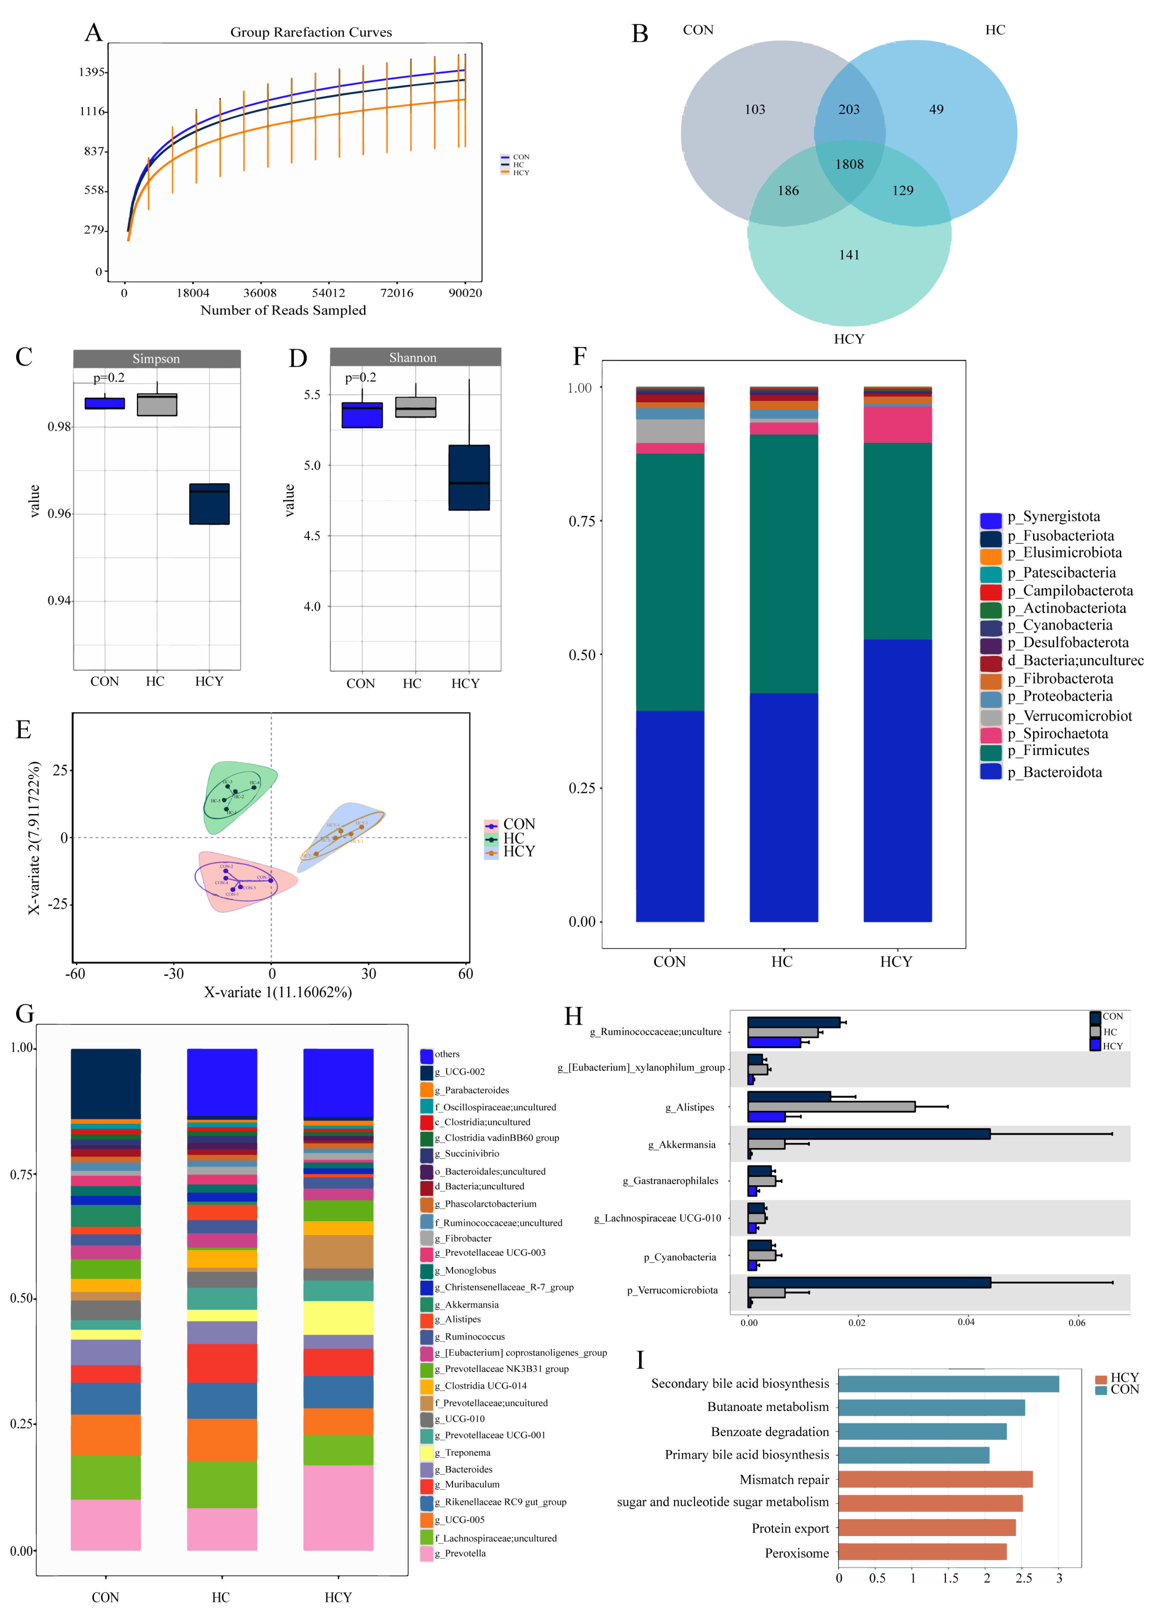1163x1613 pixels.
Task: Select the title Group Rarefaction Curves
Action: (x=311, y=32)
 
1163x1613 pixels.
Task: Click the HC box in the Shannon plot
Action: (x=416, y=407)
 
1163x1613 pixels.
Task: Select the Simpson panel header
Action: (x=156, y=358)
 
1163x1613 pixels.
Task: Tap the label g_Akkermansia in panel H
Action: (x=681, y=1144)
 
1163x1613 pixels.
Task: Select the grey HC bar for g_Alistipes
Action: (x=831, y=1107)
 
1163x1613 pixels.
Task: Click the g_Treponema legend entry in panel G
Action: (x=462, y=1452)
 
